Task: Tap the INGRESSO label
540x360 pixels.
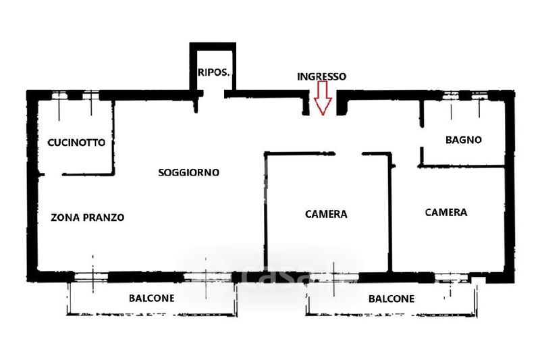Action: point(322,77)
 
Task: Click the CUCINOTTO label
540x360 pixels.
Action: point(76,143)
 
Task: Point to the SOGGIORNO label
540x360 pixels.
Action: point(188,172)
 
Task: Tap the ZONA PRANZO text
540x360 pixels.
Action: point(87,217)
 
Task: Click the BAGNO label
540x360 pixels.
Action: point(463,140)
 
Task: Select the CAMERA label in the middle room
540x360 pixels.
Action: point(326,214)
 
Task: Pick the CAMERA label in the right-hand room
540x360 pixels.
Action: point(446,212)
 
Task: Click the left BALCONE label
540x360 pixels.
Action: point(152,298)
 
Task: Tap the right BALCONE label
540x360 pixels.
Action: point(391,299)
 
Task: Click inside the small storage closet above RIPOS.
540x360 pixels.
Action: point(213,57)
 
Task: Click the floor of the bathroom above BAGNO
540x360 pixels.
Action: point(463,122)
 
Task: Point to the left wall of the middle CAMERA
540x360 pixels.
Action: point(266,216)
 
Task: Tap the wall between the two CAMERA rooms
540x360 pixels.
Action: point(390,216)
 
